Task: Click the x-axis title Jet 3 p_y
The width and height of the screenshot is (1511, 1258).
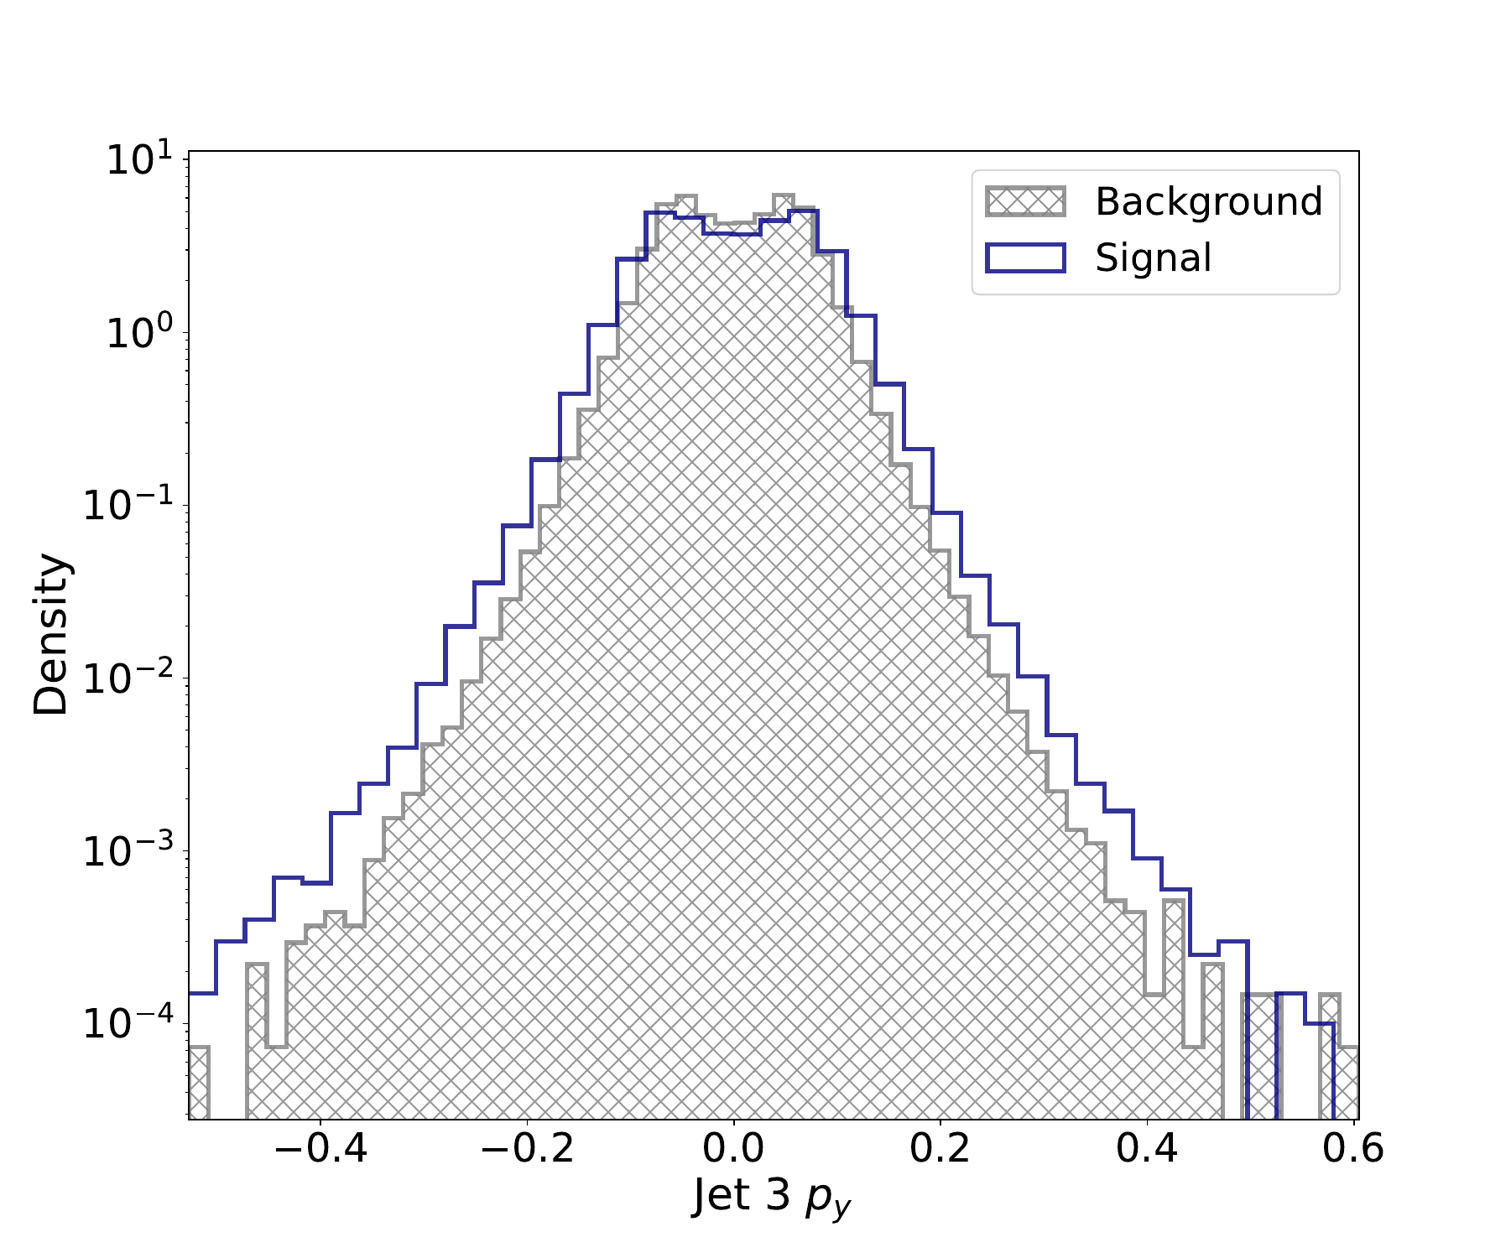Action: point(772,1196)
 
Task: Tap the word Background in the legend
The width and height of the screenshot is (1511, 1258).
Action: point(1208,202)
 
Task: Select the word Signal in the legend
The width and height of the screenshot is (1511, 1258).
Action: point(1153,257)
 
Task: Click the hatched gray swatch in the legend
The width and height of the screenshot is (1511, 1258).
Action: point(1025,202)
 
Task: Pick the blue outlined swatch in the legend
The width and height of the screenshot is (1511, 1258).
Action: point(1025,257)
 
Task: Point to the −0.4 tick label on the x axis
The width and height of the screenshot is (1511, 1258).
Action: point(320,1147)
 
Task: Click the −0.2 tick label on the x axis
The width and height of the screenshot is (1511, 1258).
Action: point(527,1147)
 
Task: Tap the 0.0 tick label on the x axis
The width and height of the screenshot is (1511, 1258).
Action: point(733,1147)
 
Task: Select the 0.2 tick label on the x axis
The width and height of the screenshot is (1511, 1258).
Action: point(940,1147)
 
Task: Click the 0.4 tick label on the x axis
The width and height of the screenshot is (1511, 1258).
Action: point(1146,1147)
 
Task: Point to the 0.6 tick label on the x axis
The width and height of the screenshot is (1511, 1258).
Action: point(1352,1147)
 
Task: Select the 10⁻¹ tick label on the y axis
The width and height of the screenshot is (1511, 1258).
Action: point(128,505)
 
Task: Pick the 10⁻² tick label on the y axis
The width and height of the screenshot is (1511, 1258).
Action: point(128,678)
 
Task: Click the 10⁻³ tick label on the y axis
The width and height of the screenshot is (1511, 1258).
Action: point(128,850)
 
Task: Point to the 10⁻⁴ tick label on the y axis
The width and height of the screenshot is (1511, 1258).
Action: point(128,1023)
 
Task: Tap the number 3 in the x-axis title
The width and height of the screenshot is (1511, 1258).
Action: point(778,1194)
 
